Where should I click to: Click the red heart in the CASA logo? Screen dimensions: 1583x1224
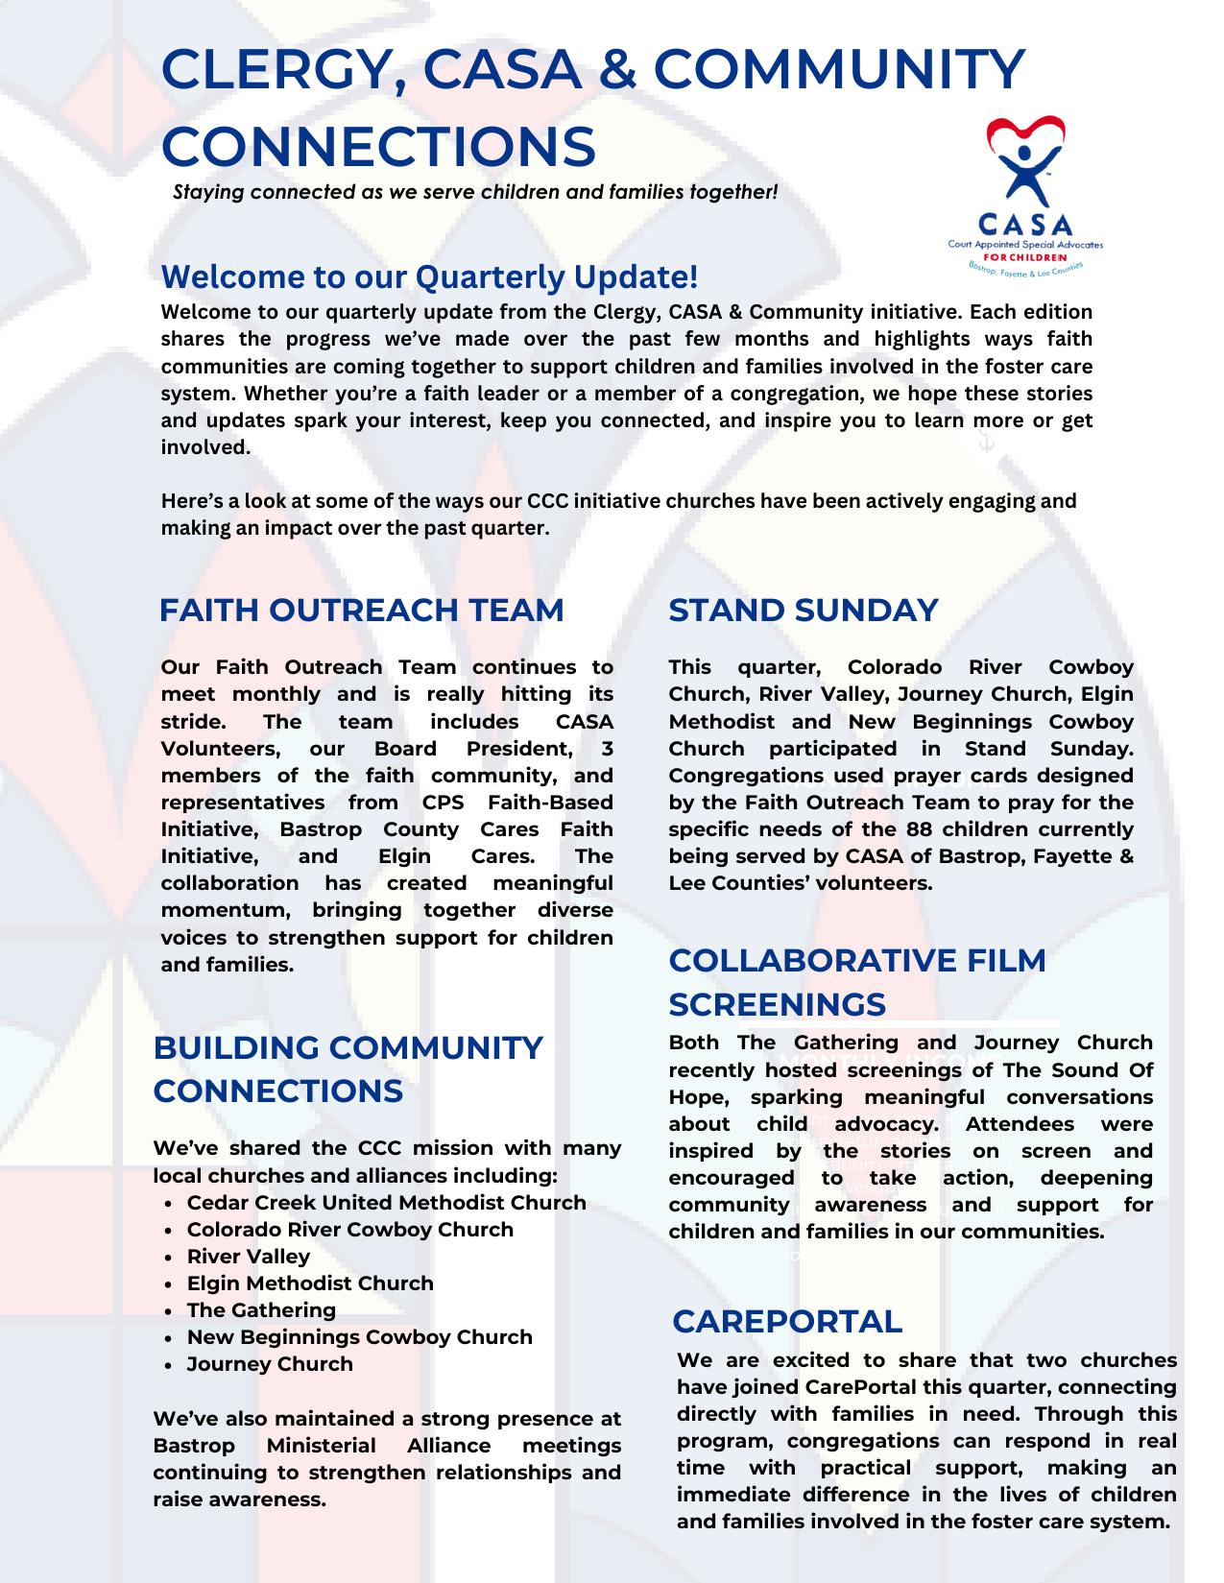tap(1025, 131)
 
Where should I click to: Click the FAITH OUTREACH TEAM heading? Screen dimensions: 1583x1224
tap(361, 611)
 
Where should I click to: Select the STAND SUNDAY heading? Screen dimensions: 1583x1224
tap(803, 611)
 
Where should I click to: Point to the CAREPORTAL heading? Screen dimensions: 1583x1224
tap(787, 1321)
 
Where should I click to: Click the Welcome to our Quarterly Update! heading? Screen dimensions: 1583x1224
tap(429, 276)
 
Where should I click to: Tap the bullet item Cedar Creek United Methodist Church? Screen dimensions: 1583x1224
tap(386, 1203)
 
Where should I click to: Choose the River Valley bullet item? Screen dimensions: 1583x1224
tap(249, 1257)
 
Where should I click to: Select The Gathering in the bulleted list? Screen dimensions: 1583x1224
tap(261, 1310)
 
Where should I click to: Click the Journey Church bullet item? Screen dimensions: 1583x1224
tap(270, 1364)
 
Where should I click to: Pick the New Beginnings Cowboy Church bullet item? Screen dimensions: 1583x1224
tap(359, 1337)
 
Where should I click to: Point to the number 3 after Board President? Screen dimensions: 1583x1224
tap(606, 749)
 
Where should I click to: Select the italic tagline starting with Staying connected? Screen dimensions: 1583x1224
tap(475, 192)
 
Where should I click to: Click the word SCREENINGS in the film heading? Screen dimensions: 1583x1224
tap(777, 1004)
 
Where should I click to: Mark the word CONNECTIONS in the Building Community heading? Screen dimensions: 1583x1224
tap(277, 1091)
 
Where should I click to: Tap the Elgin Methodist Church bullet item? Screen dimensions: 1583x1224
tap(310, 1283)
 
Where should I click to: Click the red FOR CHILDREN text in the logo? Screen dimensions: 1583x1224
tap(1025, 257)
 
